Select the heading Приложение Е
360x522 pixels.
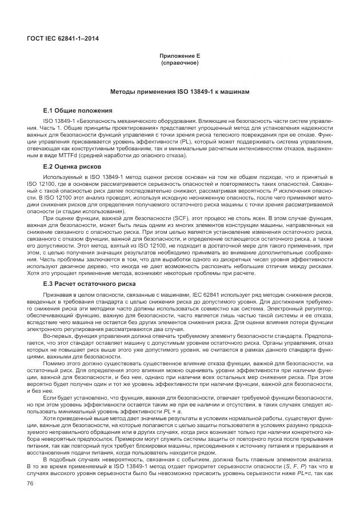[x=179, y=57]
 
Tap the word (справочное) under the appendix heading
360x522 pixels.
[x=179, y=63]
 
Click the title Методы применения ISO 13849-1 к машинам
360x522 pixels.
[x=179, y=92]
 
